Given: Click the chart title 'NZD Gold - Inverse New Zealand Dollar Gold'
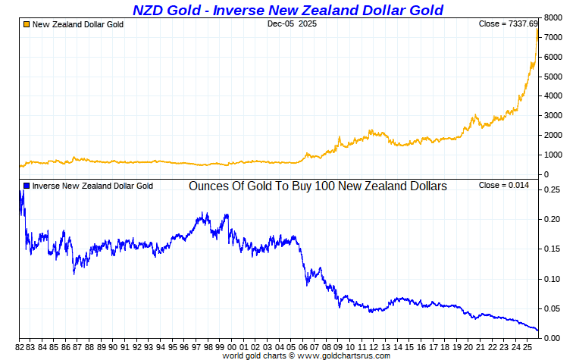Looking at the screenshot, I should coord(287,10).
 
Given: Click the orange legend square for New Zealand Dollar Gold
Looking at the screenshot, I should coord(26,24).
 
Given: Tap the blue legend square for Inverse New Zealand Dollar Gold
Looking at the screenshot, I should coord(26,186).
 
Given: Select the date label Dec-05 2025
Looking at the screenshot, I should coord(292,24).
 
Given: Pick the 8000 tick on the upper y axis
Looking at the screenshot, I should coord(554,17).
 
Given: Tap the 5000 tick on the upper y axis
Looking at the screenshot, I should coord(554,77).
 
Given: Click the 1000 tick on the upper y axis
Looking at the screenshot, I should coord(554,155).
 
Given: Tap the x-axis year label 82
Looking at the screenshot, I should coord(20,346).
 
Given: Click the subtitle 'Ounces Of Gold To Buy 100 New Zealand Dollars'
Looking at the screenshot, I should coord(318,186).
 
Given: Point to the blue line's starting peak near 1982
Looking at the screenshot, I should coord(20,192).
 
